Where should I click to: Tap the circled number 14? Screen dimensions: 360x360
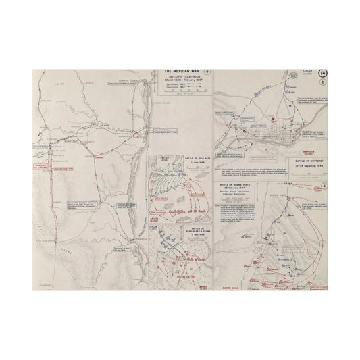322,73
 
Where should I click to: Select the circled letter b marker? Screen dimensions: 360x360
324,82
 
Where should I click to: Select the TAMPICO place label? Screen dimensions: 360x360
134,237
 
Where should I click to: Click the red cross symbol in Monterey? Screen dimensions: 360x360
272,120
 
